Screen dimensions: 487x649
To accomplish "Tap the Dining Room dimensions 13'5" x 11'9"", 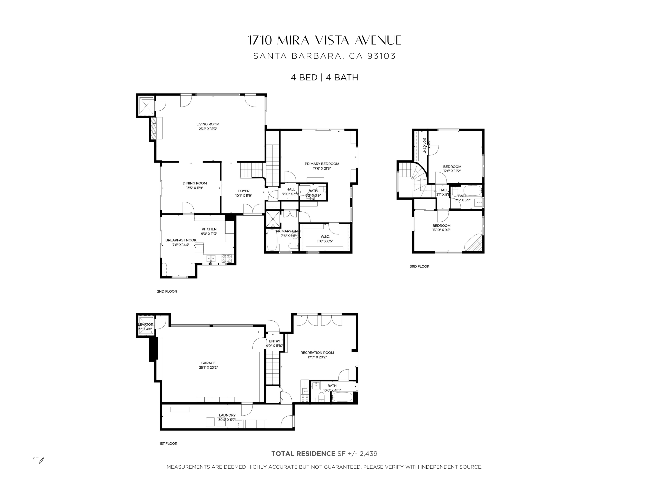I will [x=194, y=188].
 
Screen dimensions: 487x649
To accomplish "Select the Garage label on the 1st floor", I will [x=208, y=363].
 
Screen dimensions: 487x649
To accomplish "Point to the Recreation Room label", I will [x=317, y=353].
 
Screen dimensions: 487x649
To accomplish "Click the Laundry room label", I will [x=227, y=415].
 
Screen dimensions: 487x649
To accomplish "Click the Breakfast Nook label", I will [x=181, y=240].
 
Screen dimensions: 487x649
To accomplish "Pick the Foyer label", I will [x=244, y=191].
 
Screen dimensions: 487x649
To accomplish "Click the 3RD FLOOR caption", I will [x=419, y=266].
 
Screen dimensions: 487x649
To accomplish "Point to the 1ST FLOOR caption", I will [x=168, y=443].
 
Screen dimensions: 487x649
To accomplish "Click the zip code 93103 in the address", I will [x=381, y=56].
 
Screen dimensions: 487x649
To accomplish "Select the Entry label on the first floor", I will [x=274, y=341].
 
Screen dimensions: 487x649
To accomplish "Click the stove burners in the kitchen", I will [x=227, y=258].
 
